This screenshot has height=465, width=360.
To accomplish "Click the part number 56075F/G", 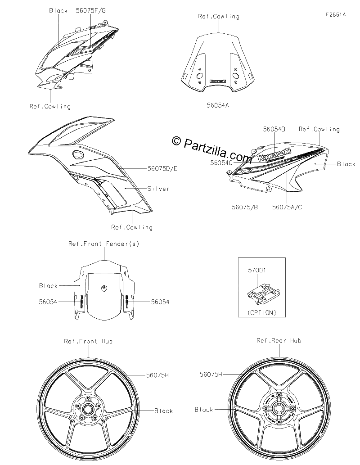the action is (x=91, y=10).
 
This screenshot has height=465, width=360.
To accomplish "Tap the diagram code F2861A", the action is (x=336, y=14).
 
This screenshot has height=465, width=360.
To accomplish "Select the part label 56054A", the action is (x=218, y=105).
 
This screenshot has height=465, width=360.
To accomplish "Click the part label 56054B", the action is (x=274, y=129).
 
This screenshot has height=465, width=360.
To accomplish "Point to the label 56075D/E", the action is (x=162, y=168).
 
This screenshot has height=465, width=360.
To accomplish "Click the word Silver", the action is (x=158, y=189).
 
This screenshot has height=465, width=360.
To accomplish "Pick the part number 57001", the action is (x=257, y=270).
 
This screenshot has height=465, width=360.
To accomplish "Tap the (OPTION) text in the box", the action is (x=262, y=312).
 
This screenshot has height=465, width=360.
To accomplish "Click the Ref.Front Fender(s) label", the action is (x=104, y=244).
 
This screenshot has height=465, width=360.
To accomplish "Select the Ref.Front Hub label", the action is (x=88, y=341).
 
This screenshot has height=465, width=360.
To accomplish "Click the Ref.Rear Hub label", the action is (x=279, y=340).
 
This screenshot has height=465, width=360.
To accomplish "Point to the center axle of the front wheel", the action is (x=88, y=410).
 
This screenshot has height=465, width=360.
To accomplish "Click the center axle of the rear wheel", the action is (x=279, y=409).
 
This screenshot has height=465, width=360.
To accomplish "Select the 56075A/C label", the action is (x=287, y=208).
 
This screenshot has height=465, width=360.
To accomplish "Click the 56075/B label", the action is (x=245, y=208).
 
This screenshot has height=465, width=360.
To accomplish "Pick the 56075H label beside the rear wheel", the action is (x=211, y=375).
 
